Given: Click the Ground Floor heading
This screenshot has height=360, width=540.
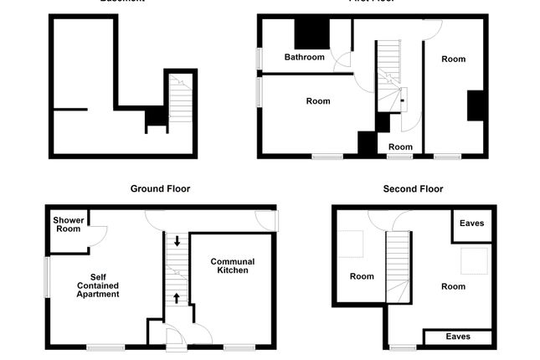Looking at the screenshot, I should point(160,189).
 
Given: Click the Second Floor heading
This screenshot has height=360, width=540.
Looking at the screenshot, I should point(413,189).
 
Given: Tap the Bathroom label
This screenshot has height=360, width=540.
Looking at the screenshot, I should point(304,58).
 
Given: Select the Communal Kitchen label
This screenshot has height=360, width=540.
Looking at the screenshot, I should point(233,266).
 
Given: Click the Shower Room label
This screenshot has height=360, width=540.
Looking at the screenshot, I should point(68,224).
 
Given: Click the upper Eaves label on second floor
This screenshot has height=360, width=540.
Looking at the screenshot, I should point(471,224).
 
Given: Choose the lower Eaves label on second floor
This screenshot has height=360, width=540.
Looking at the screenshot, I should point(457,337).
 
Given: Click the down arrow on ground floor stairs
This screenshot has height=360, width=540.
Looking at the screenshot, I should point(177,242).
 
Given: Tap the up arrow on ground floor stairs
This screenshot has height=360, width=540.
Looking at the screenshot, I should point(177,297).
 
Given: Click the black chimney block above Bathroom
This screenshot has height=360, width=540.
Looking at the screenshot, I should point(311,33).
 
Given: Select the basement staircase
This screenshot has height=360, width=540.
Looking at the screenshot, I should point(181,101).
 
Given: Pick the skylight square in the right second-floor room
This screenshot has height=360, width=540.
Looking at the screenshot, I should point(475,260).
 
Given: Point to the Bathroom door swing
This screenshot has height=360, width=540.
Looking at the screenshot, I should point(342,63).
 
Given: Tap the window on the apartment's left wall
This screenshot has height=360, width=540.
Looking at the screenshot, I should point(47,277).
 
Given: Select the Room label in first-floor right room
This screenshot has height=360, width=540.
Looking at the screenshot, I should point(453,59).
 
